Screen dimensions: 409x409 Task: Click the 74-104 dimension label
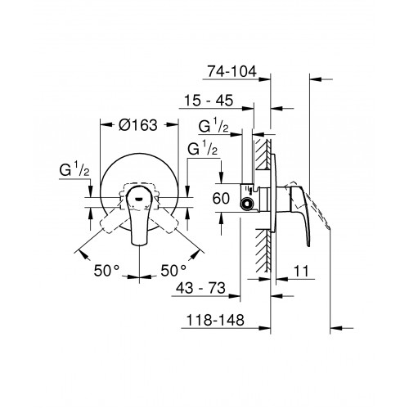tap(232, 71)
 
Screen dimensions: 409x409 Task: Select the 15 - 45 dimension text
tap(209, 101)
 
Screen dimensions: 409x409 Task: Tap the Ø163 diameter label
tap(138, 125)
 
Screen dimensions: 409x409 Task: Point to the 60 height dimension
tap(221, 198)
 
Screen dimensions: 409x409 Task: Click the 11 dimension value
tap(301, 271)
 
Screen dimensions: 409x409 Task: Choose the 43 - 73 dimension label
tap(200, 288)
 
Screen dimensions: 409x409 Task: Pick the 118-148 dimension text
tap(215, 320)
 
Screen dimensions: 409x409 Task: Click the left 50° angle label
tap(106, 271)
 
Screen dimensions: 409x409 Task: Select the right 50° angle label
tap(173, 271)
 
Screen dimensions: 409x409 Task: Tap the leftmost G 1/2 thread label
tap(74, 169)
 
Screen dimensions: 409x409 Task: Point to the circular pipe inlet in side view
tap(247, 204)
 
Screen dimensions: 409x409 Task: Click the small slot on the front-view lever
tap(139, 199)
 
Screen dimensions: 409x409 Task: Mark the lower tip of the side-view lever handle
tap(308, 246)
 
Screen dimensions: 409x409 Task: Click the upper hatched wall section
tap(263, 155)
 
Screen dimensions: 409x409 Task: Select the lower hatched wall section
tap(263, 250)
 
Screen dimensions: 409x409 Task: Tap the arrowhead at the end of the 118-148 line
tap(265, 328)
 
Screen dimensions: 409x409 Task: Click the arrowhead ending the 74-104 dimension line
tap(265, 79)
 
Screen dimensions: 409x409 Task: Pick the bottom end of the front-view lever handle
tap(139, 244)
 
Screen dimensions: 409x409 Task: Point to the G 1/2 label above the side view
tap(213, 126)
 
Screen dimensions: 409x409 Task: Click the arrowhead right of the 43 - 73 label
tap(235, 296)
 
